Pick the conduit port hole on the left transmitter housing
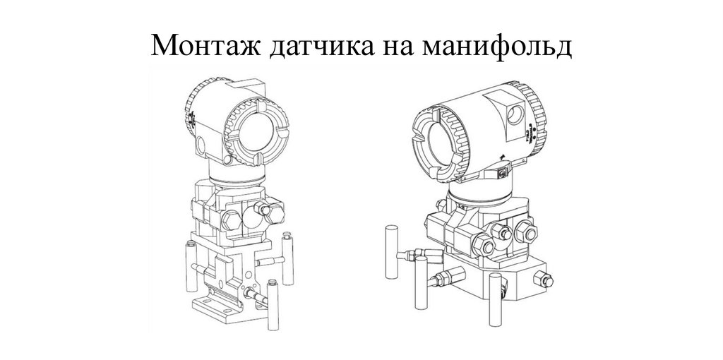[201, 145]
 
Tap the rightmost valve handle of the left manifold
[288, 258]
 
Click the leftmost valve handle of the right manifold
[391, 252]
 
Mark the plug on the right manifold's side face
[543, 280]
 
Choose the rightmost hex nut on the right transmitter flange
[526, 231]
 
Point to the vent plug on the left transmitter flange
[264, 209]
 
